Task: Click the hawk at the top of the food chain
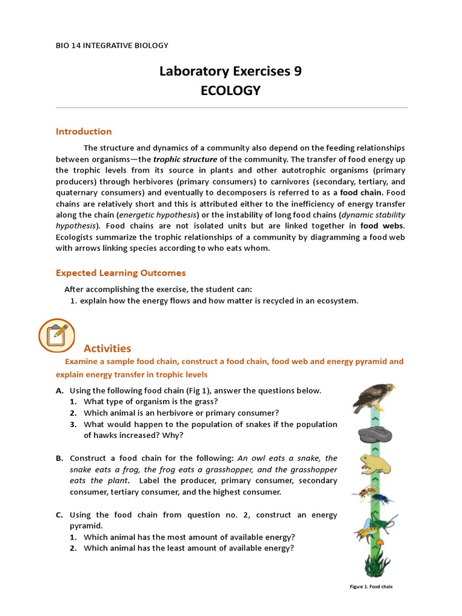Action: click(x=373, y=396)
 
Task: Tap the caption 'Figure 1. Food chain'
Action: click(x=372, y=587)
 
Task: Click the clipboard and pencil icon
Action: click(x=57, y=335)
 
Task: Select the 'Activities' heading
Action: click(x=107, y=348)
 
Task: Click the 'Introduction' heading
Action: click(x=84, y=131)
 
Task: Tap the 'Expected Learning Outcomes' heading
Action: click(x=121, y=273)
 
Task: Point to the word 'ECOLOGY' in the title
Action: click(x=230, y=91)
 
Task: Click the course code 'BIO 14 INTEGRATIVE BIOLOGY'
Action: click(x=112, y=45)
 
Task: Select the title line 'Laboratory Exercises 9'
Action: click(x=230, y=71)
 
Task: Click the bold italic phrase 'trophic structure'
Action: click(x=185, y=159)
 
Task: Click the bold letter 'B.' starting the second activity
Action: click(x=60, y=458)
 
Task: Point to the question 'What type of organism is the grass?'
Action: click(x=150, y=401)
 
